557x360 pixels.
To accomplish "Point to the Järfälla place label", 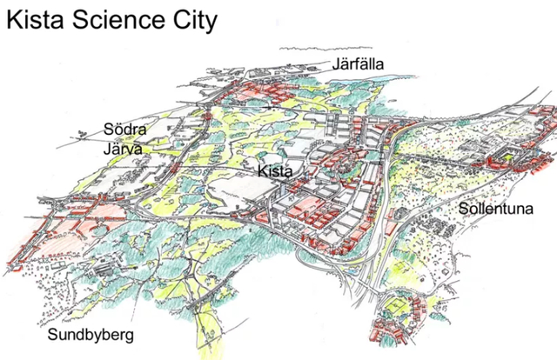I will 358,63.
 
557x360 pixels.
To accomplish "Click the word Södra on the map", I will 124,130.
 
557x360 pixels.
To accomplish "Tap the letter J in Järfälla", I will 336,63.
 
